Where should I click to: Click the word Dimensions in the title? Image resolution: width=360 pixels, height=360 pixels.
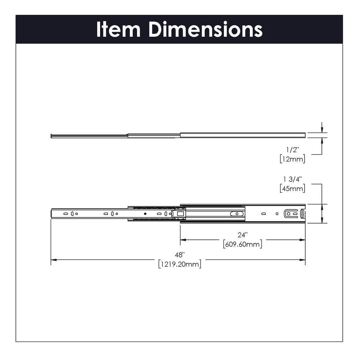click(x=206, y=30)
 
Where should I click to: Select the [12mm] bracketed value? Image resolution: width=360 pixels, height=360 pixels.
click(x=292, y=158)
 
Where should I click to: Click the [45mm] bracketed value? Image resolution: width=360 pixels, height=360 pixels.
click(x=292, y=188)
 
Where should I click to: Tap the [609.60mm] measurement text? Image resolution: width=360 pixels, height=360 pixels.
click(x=242, y=244)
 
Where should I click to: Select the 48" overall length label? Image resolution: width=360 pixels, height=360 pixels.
click(x=179, y=255)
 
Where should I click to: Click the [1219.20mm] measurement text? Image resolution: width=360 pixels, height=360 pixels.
click(x=179, y=264)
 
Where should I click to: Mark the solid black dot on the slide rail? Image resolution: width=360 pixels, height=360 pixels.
click(x=145, y=213)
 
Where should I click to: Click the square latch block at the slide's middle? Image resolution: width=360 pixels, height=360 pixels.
click(x=180, y=213)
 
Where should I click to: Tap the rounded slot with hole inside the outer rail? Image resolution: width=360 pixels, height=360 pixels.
click(x=237, y=213)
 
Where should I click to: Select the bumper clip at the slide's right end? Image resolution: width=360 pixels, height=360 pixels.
click(x=302, y=213)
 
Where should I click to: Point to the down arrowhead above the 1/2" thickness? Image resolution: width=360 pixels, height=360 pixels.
click(x=322, y=130)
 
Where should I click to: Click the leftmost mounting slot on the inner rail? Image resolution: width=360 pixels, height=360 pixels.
click(x=66, y=213)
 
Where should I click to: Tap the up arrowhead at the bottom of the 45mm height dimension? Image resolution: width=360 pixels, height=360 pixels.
click(x=322, y=221)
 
